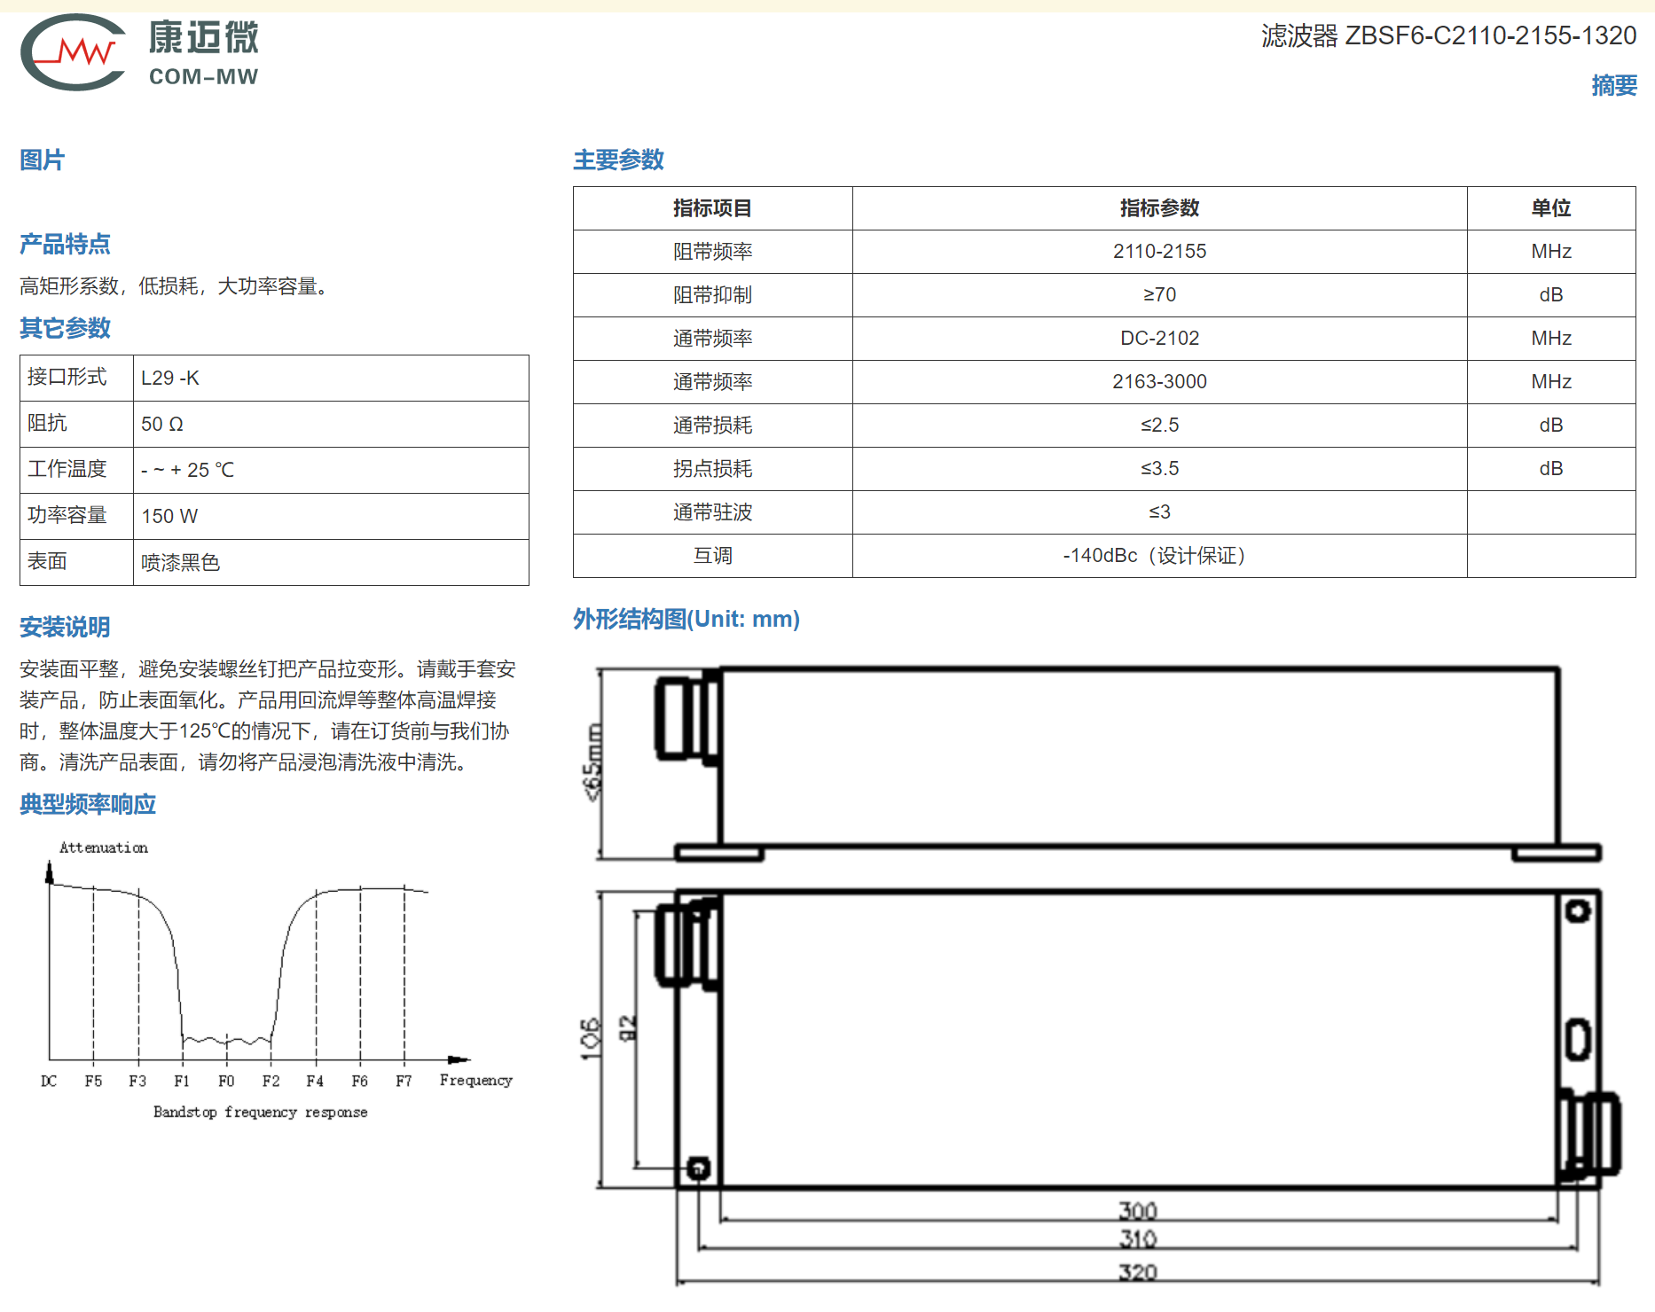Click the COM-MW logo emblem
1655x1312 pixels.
(73, 52)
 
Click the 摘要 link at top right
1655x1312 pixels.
(1613, 85)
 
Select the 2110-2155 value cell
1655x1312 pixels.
(1159, 252)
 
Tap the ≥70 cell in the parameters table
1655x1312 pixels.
(1159, 295)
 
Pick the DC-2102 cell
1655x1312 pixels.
(1159, 339)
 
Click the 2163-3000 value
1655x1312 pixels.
(1159, 382)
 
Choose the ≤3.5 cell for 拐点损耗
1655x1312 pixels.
(1159, 469)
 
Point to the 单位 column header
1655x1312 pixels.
(1550, 208)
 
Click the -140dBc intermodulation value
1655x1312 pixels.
(1100, 556)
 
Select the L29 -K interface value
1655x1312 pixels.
(170, 379)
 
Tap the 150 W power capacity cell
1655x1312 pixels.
(169, 517)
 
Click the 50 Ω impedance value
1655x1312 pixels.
(162, 425)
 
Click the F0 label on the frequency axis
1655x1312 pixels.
(226, 1082)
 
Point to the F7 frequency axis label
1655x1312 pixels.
(404, 1082)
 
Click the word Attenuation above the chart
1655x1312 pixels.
(104, 847)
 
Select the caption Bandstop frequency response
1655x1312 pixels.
(260, 1113)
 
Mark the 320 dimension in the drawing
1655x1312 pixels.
(1137, 1273)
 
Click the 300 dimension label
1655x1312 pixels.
(1137, 1211)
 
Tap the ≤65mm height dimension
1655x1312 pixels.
(592, 762)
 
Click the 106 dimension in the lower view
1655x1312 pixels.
(590, 1038)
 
